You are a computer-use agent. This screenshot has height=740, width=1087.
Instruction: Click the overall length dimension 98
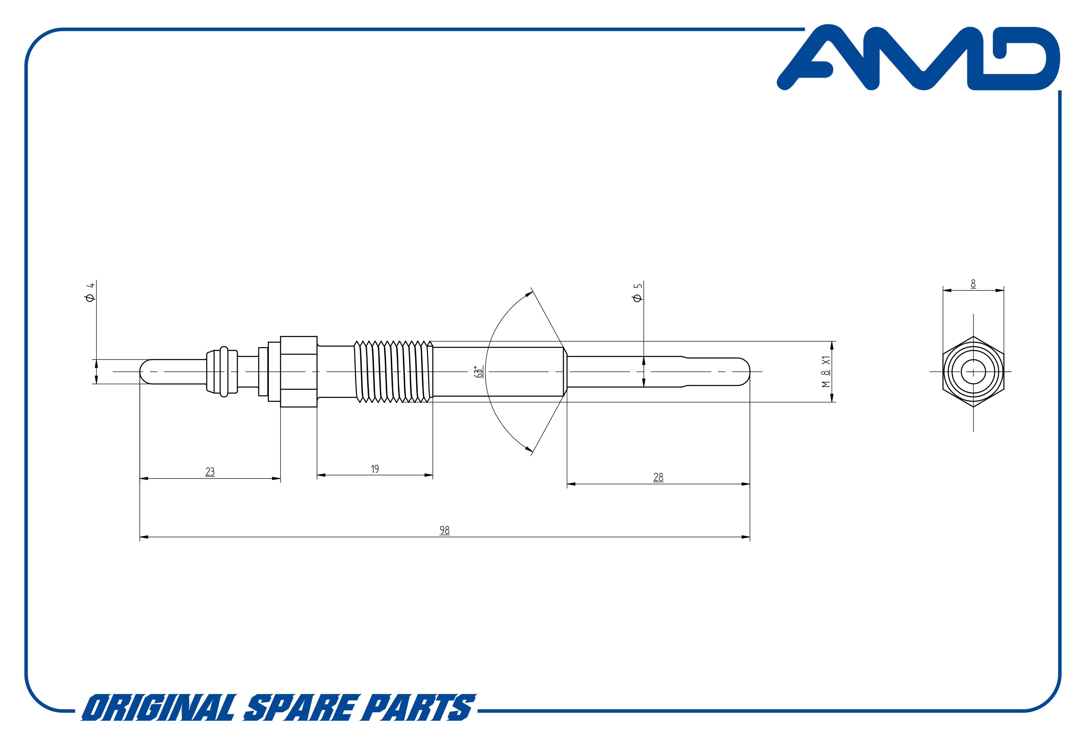(444, 530)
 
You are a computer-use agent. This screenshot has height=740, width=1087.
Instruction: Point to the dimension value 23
(210, 472)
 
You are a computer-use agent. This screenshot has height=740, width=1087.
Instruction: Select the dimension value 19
(375, 469)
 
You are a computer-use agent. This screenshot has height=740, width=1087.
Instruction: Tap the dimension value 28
(658, 477)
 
